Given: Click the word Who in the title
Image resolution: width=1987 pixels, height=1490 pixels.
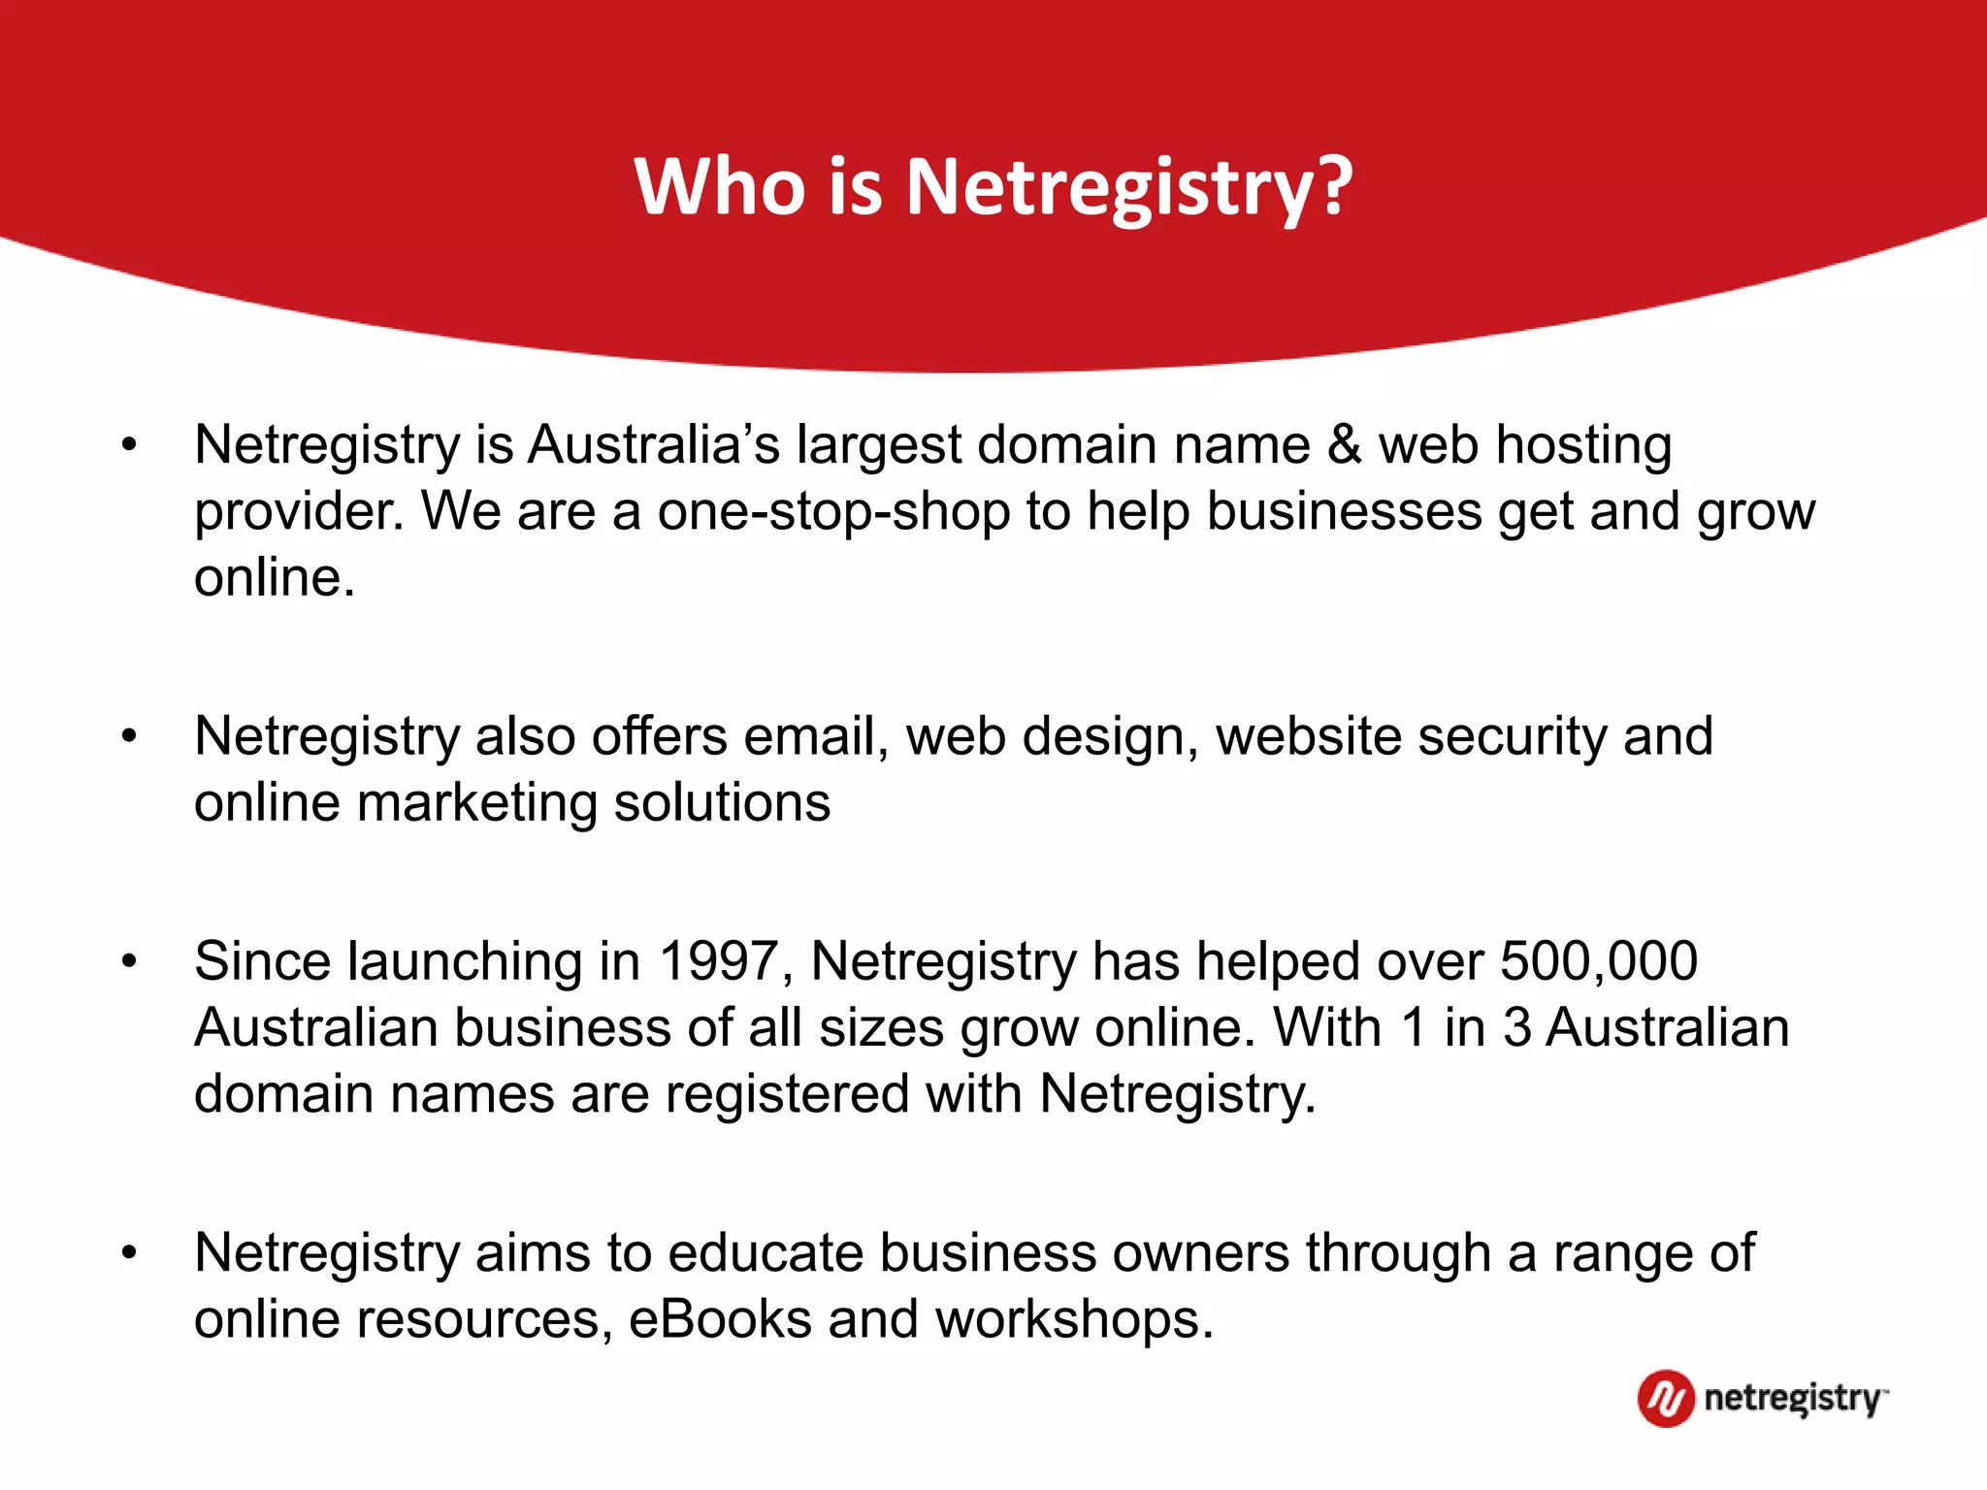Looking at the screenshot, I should (719, 186).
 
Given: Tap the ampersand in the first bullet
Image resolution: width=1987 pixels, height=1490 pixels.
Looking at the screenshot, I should (1345, 444).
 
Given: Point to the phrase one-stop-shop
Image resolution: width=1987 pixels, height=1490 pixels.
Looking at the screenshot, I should (833, 511).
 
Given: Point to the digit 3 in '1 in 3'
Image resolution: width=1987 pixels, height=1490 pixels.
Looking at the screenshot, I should (1517, 1027).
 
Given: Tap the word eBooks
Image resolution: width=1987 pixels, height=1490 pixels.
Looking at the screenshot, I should (720, 1319).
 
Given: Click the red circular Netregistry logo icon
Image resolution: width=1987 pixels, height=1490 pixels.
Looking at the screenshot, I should (1666, 1398).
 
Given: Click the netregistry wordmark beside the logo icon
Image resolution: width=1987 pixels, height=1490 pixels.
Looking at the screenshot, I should (1793, 1399).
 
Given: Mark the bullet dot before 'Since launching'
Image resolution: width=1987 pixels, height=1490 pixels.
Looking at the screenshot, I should (129, 962).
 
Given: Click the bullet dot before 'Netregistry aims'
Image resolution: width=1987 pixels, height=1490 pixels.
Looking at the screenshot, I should (129, 1253).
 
